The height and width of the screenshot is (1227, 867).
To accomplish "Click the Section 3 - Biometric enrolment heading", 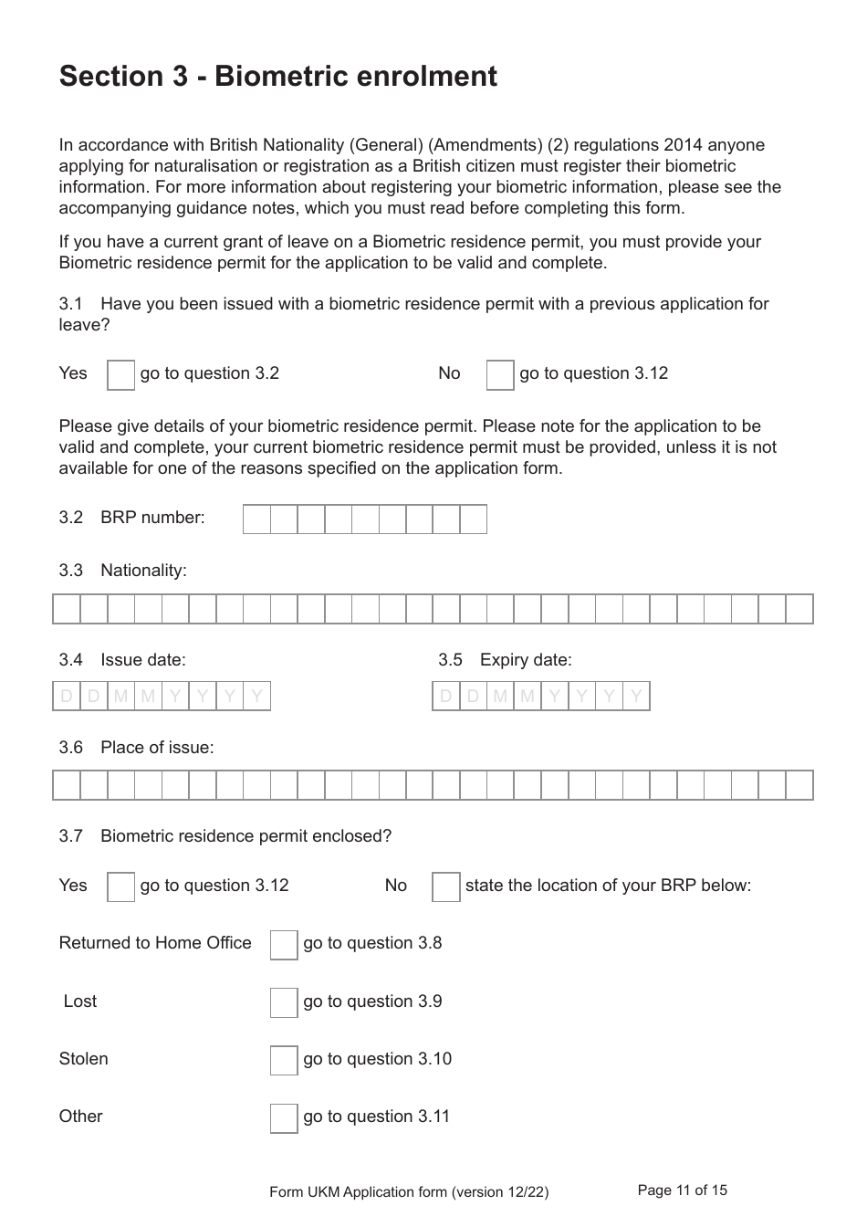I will [277, 76].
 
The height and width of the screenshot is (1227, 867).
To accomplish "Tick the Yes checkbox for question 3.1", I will [120, 375].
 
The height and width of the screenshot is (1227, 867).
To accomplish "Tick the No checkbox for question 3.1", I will [500, 375].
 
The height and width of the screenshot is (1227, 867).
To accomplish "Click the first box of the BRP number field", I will [257, 519].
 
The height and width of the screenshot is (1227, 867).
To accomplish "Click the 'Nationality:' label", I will [143, 571].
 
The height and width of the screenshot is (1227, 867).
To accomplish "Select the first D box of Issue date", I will [67, 697].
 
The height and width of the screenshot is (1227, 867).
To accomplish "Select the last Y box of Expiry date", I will [636, 697].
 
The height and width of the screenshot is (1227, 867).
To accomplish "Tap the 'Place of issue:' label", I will [157, 748].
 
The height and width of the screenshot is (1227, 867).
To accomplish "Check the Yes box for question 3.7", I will [120, 886].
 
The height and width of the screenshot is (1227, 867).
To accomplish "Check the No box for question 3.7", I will [445, 886].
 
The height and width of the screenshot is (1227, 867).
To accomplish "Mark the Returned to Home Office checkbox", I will [284, 945].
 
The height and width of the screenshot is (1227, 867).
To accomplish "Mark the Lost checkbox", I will [284, 1002].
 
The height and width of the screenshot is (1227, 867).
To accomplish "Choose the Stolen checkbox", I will [284, 1060].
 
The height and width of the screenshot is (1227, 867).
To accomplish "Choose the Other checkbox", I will [284, 1117].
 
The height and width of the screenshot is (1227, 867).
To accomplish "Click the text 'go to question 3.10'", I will [377, 1059].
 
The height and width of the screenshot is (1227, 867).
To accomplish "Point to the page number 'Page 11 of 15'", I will [682, 1190].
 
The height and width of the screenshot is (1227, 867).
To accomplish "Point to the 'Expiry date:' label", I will [526, 660].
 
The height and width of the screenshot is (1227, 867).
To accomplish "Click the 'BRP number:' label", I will [152, 518].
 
